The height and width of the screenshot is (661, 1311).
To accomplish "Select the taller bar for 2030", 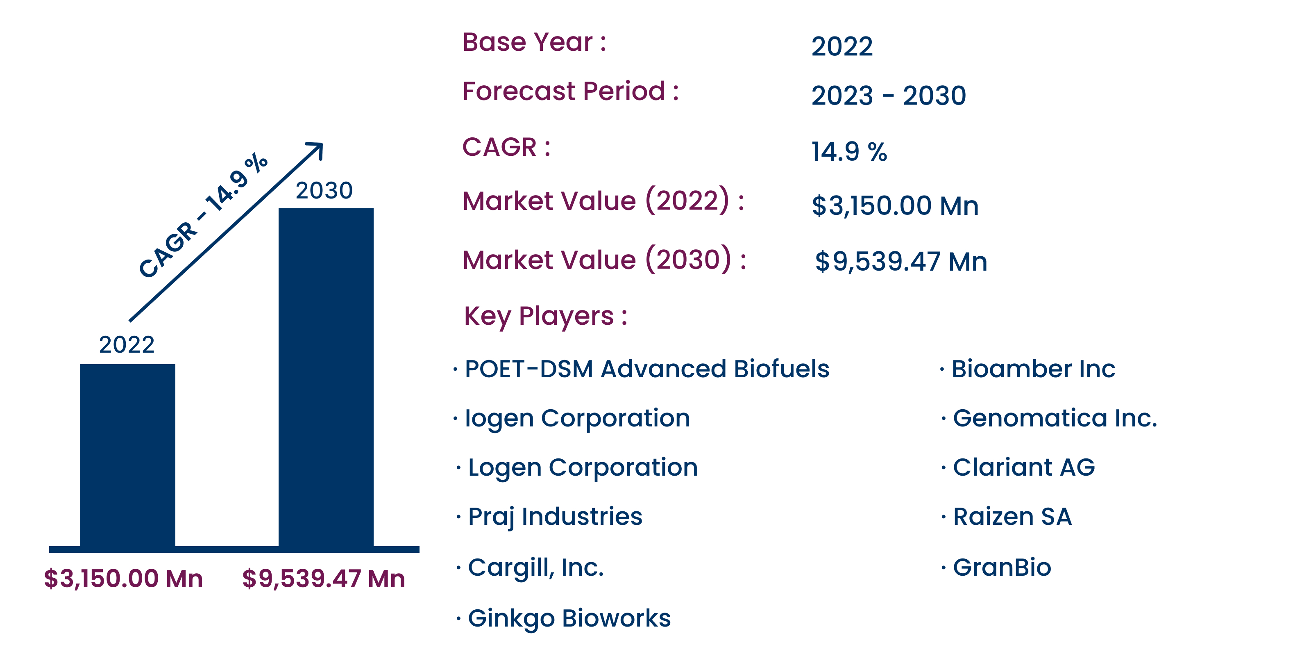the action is point(326,377).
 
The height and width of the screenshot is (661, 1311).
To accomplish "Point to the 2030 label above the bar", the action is point(324,190).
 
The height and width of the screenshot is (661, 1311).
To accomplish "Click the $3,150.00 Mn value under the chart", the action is point(124,579).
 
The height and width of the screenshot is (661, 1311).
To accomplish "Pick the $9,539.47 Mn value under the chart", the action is point(324,579).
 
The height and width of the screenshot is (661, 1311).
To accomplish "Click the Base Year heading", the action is point(534,42).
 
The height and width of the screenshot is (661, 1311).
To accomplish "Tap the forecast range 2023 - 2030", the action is point(889,96).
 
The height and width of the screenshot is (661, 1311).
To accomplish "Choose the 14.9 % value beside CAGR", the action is point(849,152).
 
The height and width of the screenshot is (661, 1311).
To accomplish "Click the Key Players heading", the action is point(546,317).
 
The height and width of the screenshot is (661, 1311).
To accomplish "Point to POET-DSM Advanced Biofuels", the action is point(647,369).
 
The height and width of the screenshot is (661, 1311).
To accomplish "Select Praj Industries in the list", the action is point(555,517).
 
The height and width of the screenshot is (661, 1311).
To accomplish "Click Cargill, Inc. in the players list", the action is point(536,568).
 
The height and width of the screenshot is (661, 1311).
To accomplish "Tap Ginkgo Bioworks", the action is point(569,619).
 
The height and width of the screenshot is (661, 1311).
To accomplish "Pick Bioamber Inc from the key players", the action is point(1034,369).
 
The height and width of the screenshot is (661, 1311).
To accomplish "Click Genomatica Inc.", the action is point(1055,418).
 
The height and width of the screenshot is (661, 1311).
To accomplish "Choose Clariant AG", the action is point(1024,467).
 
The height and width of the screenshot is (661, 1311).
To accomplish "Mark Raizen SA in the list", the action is point(1012,517).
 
